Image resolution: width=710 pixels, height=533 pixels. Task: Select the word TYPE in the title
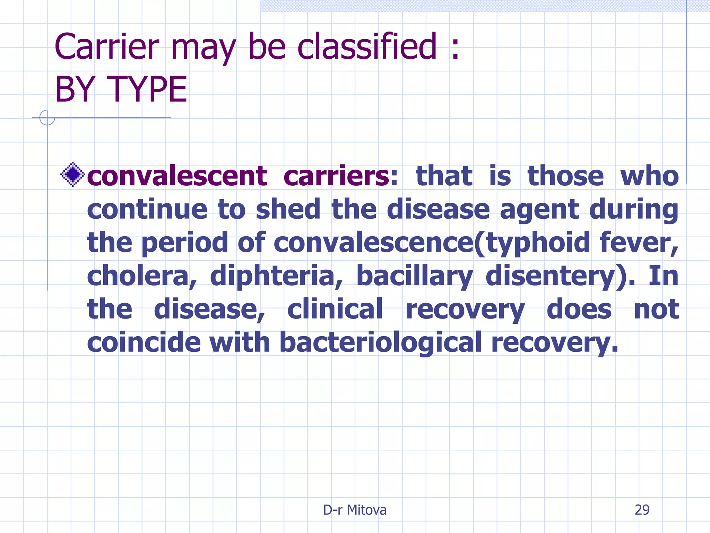[147, 90]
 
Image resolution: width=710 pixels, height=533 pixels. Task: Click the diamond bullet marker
[73, 175]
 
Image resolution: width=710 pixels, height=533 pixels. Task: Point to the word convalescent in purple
[177, 176]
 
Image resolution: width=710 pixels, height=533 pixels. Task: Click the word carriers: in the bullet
[341, 176]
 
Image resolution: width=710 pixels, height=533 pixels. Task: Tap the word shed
[288, 209]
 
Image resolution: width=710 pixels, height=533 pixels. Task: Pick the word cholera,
[141, 276]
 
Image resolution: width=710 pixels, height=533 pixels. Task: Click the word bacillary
[414, 276]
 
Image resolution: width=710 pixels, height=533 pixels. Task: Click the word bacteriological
[380, 343]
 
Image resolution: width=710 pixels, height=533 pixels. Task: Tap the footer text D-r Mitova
[355, 510]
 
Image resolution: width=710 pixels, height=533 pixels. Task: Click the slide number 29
[642, 510]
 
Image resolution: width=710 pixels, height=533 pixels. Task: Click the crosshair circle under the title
[47, 118]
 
